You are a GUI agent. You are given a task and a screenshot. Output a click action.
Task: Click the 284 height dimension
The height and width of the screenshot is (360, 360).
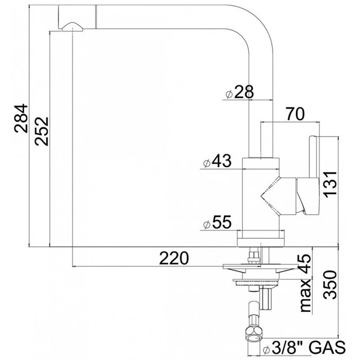[21, 118]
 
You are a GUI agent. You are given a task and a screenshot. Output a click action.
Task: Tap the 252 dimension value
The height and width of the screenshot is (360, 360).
[41, 131]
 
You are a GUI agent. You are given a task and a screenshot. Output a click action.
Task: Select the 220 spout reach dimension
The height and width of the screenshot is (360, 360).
[174, 258]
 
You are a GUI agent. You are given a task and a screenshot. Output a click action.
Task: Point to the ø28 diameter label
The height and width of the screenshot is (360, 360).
[239, 92]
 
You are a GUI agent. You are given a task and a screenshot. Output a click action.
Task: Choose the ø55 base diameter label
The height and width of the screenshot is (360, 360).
[217, 222]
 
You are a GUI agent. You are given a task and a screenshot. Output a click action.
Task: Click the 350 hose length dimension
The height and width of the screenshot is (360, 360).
[330, 285]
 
